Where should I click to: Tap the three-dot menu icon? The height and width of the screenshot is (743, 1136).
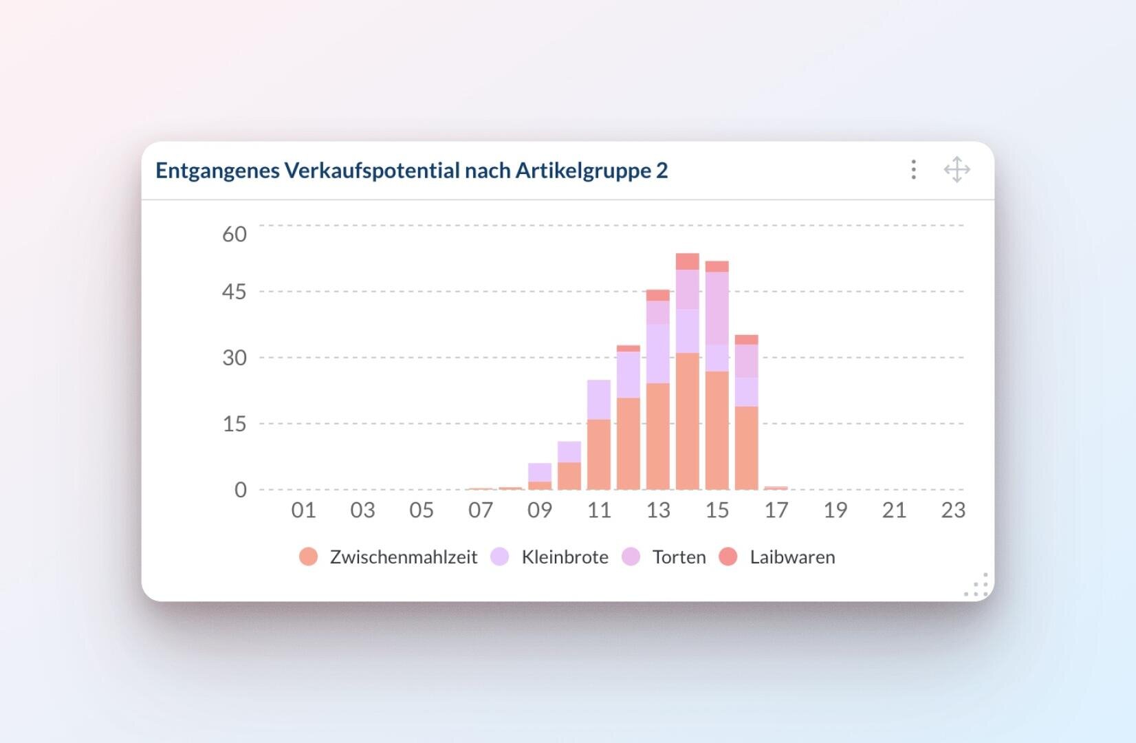point(913,169)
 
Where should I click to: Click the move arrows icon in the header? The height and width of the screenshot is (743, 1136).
point(957,169)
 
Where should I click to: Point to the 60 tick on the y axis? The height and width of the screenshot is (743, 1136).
point(234,234)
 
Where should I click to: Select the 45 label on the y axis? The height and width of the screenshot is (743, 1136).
point(234,292)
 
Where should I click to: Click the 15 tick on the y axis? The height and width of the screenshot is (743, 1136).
point(234,424)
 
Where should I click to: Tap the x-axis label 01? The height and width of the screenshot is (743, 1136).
point(303,510)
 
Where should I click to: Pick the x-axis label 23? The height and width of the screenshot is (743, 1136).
point(953,510)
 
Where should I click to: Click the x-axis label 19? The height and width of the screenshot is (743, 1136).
point(835,510)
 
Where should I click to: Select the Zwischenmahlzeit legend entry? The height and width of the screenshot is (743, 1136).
point(389,557)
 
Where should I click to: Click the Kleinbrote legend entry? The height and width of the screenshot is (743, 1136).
point(549,557)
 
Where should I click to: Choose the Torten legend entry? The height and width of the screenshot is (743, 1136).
point(664,557)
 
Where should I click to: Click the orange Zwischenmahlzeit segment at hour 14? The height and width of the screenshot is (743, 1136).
point(688,421)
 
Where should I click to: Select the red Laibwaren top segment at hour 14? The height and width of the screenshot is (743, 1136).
point(688,261)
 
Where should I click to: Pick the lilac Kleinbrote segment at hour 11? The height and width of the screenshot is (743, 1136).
point(599,399)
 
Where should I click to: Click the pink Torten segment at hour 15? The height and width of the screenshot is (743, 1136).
point(717,308)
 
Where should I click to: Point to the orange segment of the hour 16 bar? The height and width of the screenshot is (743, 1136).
point(747,447)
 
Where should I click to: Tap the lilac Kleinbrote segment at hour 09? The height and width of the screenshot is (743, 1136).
point(540,472)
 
